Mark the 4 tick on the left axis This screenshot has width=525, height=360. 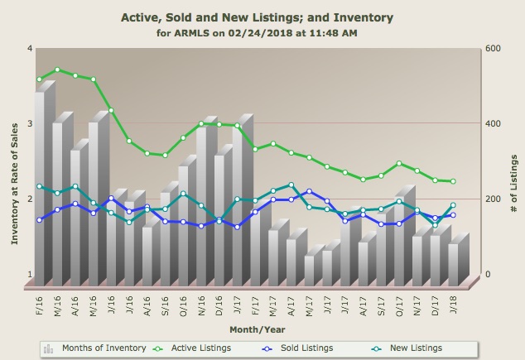30,48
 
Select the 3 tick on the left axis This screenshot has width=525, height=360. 30,123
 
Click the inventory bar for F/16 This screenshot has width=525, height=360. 39,186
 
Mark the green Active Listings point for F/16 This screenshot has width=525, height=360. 39,79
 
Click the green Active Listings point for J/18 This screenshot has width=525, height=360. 453,181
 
